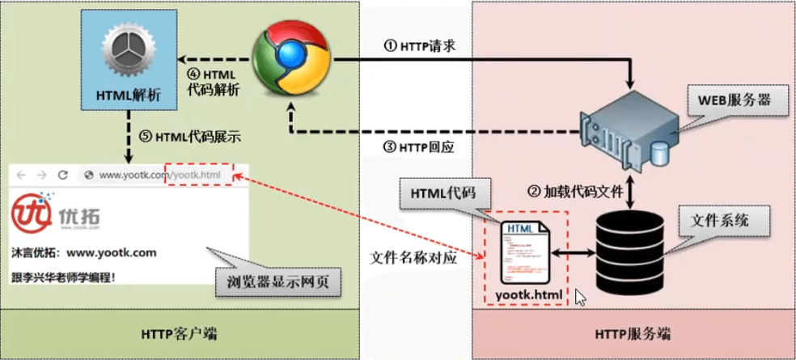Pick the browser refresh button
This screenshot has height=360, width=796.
pyautogui.click(x=62, y=174)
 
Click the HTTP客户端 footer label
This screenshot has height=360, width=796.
pyautogui.click(x=179, y=333)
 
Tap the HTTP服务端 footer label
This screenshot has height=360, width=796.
pyautogui.click(x=633, y=333)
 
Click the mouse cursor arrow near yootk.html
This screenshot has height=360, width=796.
pyautogui.click(x=579, y=296)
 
